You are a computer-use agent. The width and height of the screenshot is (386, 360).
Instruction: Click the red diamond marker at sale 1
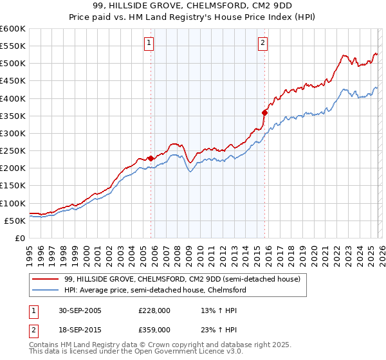[x=151, y=158]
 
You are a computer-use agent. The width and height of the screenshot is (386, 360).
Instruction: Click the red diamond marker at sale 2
[x=264, y=113]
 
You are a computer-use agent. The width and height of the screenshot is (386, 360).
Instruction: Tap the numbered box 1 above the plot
[x=149, y=43]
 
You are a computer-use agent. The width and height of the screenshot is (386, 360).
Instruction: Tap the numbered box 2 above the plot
[x=263, y=43]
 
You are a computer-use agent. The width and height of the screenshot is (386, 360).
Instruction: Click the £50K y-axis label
[x=15, y=221]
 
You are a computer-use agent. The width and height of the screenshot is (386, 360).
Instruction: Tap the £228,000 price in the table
[x=154, y=310]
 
